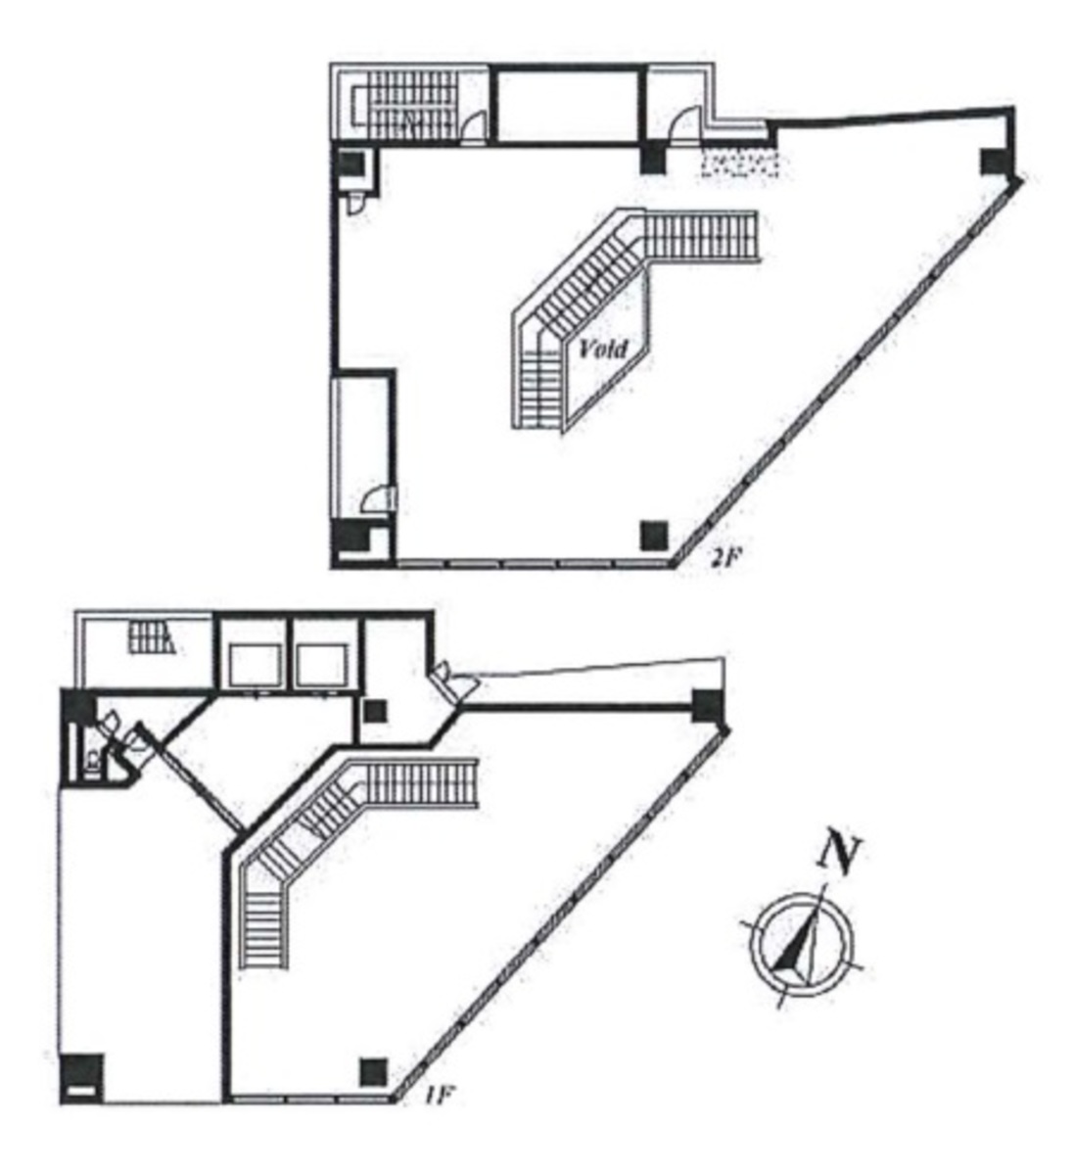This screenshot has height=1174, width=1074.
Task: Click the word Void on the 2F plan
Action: (x=603, y=349)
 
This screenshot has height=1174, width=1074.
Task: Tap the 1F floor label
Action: (x=439, y=1096)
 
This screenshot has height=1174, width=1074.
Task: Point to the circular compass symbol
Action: (x=801, y=945)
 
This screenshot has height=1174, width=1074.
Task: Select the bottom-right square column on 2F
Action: (x=654, y=535)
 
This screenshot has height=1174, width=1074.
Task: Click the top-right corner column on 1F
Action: (x=706, y=705)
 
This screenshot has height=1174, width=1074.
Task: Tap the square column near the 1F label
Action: (x=373, y=1072)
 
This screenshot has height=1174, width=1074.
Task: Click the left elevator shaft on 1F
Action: (x=255, y=665)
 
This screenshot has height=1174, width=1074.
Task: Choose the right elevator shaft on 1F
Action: (x=322, y=665)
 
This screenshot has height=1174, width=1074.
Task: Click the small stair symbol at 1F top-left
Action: (x=152, y=638)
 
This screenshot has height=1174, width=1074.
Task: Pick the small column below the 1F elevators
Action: (x=376, y=711)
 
